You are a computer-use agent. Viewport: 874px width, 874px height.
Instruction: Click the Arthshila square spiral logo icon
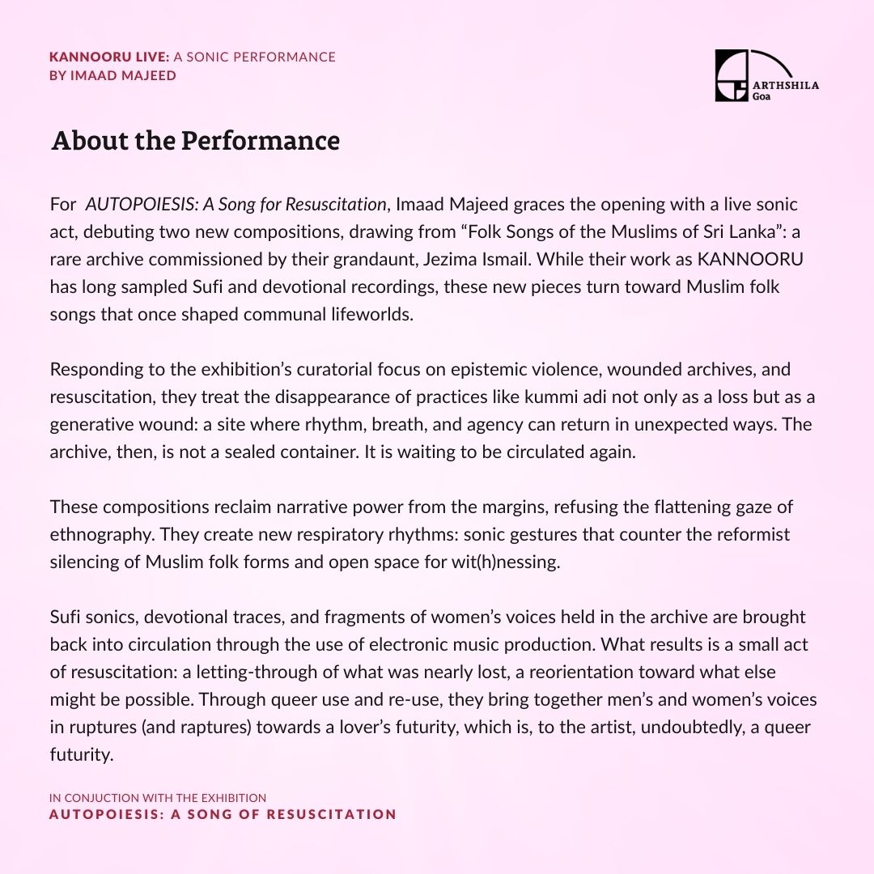pyautogui.click(x=732, y=75)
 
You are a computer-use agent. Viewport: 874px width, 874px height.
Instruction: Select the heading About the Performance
pyautogui.click(x=195, y=141)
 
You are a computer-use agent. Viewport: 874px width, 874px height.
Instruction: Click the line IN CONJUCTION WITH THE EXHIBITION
pyautogui.click(x=158, y=798)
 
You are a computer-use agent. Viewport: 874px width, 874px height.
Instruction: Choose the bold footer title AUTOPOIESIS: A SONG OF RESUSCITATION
pyautogui.click(x=223, y=814)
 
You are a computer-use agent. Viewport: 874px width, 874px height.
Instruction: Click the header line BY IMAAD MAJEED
pyautogui.click(x=112, y=75)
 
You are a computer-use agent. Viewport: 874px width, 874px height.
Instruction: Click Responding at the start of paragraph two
pyautogui.click(x=92, y=369)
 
